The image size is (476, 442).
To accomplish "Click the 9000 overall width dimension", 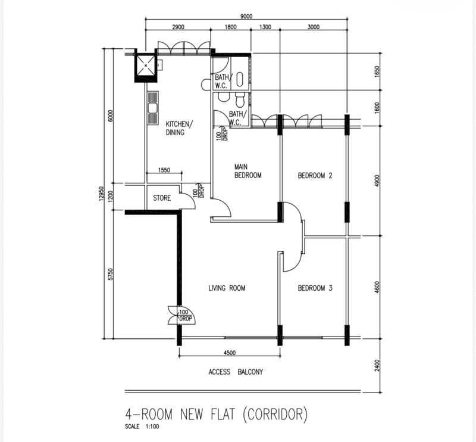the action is coord(246,17).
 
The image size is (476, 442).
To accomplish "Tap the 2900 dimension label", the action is coord(178,27).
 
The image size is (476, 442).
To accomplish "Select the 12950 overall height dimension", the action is coord(102,194).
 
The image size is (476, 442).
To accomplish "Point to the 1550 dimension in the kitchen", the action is coord(164,170).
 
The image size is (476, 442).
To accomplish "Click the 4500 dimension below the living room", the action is coord(230,353).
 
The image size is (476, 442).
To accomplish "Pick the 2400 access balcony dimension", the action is coord(377,365).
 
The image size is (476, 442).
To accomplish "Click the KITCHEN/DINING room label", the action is coord(179,128).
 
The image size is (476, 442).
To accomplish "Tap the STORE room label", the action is coord(162,198).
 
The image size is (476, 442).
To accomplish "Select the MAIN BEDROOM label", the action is coord(248,171).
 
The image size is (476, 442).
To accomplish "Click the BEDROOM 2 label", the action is coord(315,175).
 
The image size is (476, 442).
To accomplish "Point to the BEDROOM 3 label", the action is coord(315,288).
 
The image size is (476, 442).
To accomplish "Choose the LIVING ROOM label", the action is coord(227,288).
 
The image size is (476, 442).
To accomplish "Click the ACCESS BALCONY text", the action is coord(236,372).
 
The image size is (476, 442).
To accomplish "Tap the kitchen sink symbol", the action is coord(152,108).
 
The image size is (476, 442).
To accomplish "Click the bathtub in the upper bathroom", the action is coord(240,79).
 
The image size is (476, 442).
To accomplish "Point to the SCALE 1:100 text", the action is coord(142,427).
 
